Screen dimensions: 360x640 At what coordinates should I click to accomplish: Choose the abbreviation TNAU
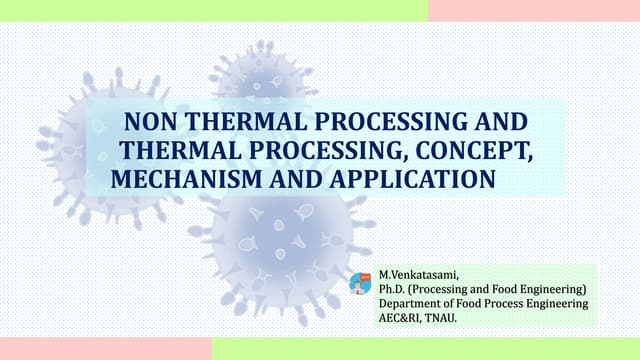tap(449, 319)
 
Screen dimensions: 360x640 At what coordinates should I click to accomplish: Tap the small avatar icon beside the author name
tap(360, 283)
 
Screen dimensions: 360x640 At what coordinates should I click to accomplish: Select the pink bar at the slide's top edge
tap(534, 10)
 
